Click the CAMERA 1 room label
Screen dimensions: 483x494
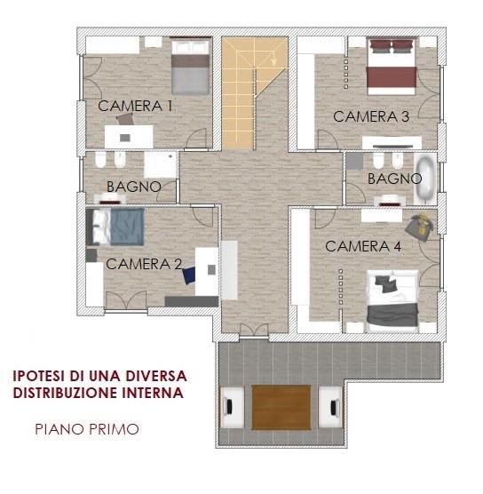click(135, 106)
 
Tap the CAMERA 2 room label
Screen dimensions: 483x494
click(144, 264)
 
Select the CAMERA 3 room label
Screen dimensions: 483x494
click(371, 116)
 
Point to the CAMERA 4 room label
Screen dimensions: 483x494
click(363, 246)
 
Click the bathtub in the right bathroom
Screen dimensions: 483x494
click(425, 179)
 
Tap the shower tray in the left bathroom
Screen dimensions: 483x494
click(160, 164)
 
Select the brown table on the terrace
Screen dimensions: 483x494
click(281, 407)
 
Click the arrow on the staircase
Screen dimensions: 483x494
click(273, 60)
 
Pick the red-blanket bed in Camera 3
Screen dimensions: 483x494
click(392, 67)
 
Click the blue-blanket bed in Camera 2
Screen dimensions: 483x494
click(115, 227)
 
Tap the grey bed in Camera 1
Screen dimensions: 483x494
click(190, 66)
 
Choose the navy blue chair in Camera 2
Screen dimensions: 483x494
click(189, 275)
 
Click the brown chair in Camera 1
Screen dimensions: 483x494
click(125, 119)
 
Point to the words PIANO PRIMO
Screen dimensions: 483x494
click(87, 429)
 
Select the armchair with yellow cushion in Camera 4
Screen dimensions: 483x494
click(419, 227)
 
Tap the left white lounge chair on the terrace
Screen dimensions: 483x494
click(233, 407)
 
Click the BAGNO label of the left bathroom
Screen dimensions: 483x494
click(134, 187)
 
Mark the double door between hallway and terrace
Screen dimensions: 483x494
click(254, 331)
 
